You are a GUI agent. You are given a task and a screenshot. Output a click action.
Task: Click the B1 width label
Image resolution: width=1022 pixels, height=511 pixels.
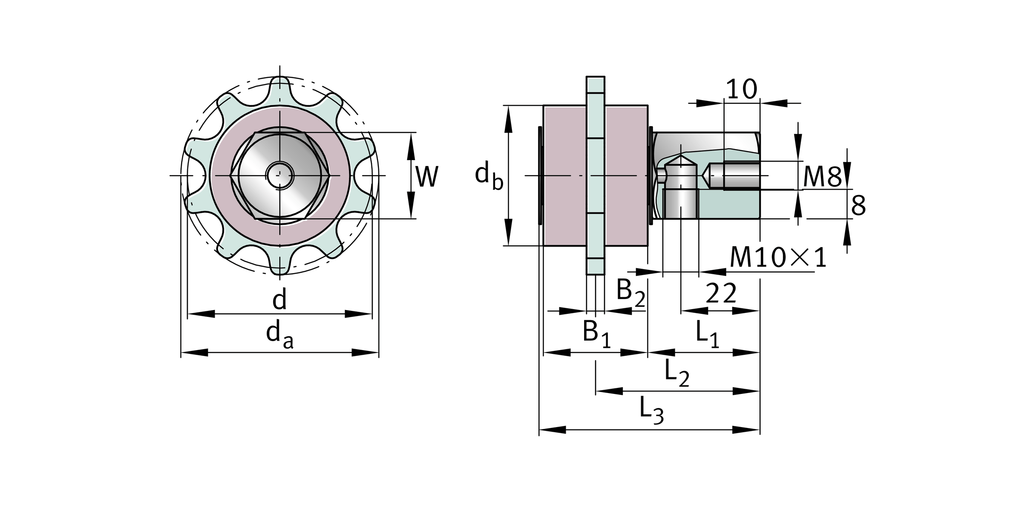(596, 333)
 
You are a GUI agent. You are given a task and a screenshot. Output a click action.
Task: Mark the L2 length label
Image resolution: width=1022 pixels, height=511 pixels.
(677, 373)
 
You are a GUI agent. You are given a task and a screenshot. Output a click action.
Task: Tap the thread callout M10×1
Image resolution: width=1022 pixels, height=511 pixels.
(778, 258)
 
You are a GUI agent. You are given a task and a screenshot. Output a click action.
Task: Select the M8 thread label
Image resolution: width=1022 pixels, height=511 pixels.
(822, 177)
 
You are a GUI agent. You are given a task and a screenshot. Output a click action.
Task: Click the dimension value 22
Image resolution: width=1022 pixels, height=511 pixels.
(721, 294)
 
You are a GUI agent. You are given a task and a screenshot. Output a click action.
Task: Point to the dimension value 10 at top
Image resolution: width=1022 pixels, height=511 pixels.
(742, 89)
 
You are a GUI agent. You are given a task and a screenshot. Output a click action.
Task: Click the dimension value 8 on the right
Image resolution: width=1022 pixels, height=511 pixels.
(858, 206)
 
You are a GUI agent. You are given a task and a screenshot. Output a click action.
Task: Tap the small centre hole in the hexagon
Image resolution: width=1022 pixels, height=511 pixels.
(279, 175)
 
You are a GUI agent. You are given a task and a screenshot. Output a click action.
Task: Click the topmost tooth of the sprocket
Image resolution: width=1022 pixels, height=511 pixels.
(280, 87)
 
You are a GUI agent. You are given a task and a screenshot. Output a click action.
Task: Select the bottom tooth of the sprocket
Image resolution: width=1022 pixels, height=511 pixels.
(280, 265)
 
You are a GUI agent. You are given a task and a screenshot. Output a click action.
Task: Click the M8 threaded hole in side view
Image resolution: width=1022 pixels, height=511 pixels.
(733, 175)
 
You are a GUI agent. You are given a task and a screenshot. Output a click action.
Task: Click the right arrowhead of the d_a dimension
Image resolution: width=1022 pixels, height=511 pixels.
(366, 353)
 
